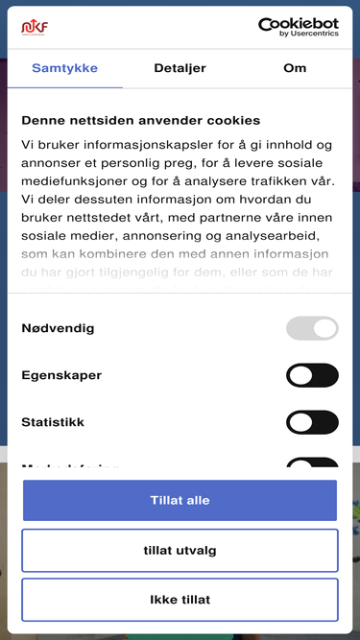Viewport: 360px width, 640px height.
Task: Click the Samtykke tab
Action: (x=64, y=69)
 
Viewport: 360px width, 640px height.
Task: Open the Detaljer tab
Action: (x=180, y=69)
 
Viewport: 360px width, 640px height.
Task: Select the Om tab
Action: (x=295, y=69)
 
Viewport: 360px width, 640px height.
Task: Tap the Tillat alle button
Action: (x=180, y=500)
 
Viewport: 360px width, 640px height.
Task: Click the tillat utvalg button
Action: (x=180, y=550)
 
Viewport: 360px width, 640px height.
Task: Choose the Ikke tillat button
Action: (x=180, y=600)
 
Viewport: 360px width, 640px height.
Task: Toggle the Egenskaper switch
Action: (x=312, y=375)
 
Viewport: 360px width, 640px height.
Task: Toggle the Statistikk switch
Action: (x=312, y=422)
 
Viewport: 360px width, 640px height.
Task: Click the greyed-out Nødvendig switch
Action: (x=312, y=328)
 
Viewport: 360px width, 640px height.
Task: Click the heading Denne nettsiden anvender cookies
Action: (x=140, y=121)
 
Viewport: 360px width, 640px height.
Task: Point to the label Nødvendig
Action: (x=58, y=328)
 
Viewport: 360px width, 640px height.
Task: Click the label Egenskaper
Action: (x=61, y=375)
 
